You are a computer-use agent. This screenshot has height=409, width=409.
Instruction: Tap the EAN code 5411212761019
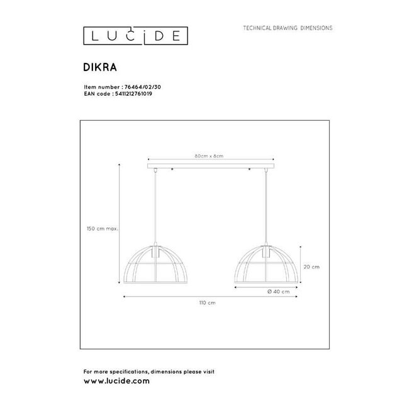(x=133, y=93)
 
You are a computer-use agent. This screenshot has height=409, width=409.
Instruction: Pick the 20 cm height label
(x=311, y=267)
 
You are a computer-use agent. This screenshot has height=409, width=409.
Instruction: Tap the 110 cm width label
(x=207, y=303)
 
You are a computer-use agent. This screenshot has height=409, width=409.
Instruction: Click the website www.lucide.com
(x=116, y=381)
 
